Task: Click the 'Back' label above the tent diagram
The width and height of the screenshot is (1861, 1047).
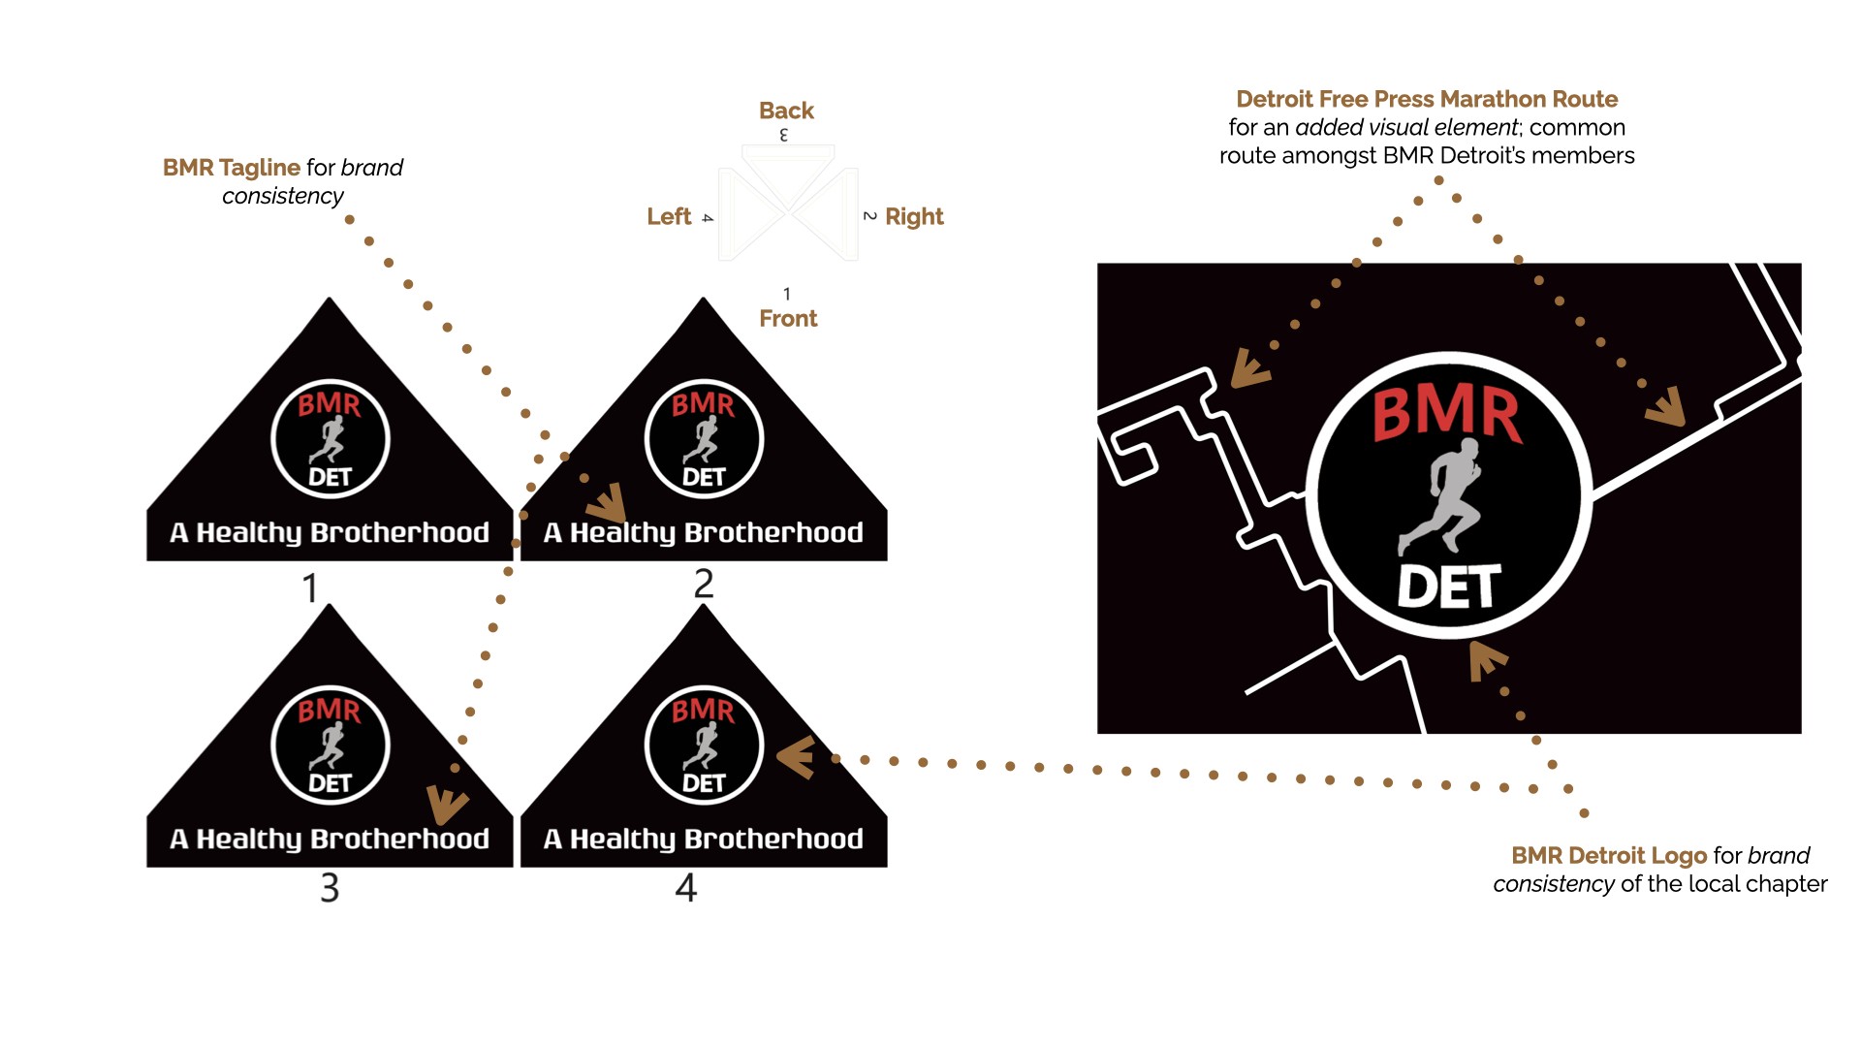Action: coord(786,111)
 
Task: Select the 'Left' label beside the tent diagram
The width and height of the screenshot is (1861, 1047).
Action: coord(669,216)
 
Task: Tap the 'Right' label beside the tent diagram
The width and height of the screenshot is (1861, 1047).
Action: coord(914,216)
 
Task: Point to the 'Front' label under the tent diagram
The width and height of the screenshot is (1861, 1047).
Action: coord(788,319)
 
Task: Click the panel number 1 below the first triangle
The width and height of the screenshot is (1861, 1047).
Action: coord(310,588)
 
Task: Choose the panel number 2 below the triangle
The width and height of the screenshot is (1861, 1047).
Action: coord(704,584)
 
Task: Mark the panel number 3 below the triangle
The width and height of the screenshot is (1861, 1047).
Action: coord(330,888)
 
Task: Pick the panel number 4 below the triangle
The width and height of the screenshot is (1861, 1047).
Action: coord(686,888)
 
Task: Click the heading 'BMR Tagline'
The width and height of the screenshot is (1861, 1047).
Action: coord(231,168)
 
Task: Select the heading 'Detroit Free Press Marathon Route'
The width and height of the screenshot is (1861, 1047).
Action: coord(1427,99)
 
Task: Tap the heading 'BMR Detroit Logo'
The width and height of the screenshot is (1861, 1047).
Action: coord(1608,856)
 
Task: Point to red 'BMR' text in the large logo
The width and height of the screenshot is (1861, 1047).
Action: coord(1447,414)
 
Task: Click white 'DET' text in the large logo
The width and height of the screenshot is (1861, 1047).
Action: coord(1449,587)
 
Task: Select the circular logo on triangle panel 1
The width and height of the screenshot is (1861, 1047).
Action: coord(330,439)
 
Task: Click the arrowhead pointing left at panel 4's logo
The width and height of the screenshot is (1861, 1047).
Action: coord(796,757)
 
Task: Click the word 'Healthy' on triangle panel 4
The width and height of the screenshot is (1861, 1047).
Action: coord(623,840)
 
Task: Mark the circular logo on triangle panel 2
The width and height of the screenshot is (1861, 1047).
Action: coord(704,439)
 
